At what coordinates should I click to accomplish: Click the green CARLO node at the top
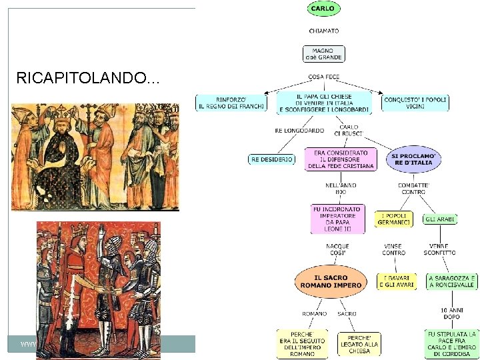pyautogui.click(x=323, y=9)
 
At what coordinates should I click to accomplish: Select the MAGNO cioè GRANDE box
pyautogui.click(x=324, y=53)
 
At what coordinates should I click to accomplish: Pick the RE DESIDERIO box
pyautogui.click(x=271, y=159)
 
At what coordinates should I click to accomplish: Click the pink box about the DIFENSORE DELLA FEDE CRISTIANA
pyautogui.click(x=339, y=159)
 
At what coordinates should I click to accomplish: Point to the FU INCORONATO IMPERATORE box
pyautogui.click(x=337, y=219)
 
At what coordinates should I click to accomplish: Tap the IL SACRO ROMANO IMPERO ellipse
pyautogui.click(x=331, y=281)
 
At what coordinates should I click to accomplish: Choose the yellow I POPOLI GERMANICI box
pyautogui.click(x=393, y=219)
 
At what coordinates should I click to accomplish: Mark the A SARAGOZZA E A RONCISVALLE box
pyautogui.click(x=451, y=281)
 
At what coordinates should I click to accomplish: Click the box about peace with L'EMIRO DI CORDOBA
pyautogui.click(x=451, y=343)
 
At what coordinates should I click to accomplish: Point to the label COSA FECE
pyautogui.click(x=324, y=77)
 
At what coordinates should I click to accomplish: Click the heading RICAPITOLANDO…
pyautogui.click(x=87, y=79)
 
